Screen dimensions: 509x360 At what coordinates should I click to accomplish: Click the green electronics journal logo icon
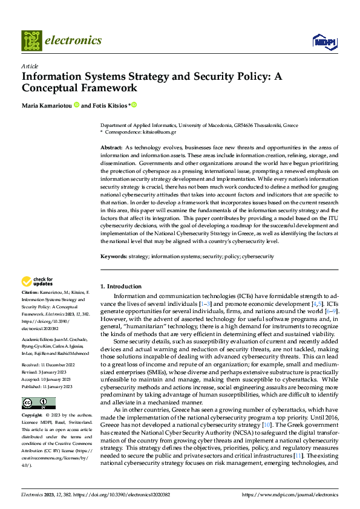tap(31, 41)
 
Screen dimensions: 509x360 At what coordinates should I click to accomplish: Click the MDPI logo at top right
tap(322, 41)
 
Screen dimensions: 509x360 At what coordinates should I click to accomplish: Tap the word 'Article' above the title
tap(30, 66)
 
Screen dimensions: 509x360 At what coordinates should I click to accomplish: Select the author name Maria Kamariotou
tap(47, 105)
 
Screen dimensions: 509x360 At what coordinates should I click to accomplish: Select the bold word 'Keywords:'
tap(113, 256)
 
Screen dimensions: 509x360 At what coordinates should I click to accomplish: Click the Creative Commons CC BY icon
tap(38, 403)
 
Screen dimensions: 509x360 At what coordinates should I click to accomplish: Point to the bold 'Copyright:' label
tap(33, 416)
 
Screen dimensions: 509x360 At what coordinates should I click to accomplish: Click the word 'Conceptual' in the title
tap(52, 88)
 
